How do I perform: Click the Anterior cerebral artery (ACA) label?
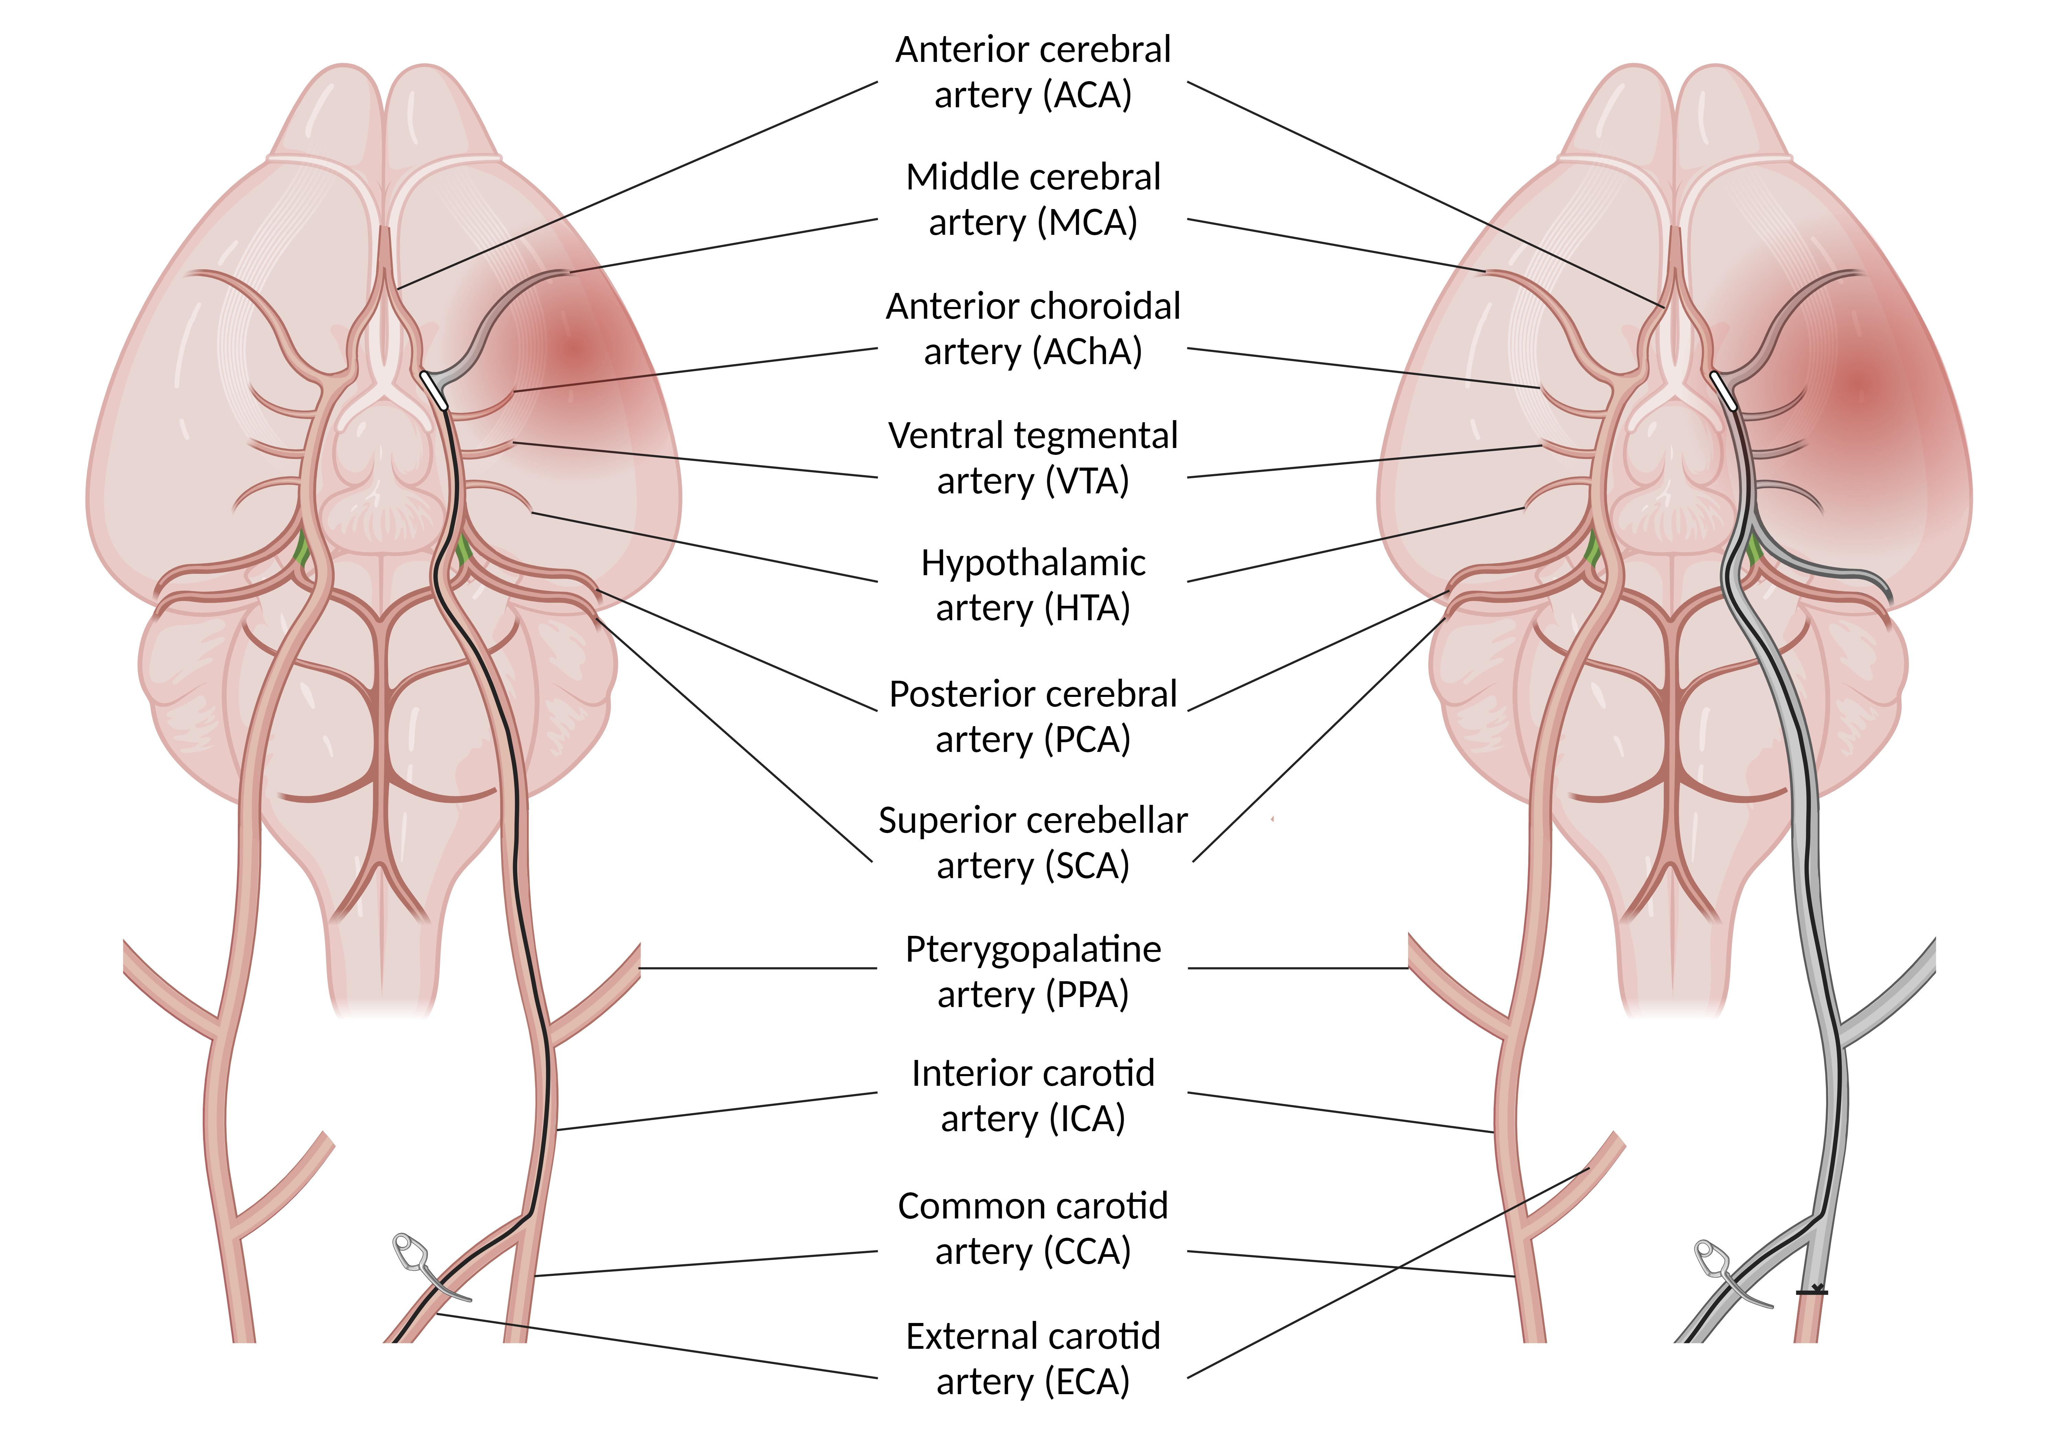tap(1033, 72)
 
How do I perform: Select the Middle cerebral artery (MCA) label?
tap(1033, 199)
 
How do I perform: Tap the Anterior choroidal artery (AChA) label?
tap(1033, 329)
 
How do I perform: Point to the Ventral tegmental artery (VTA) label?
tap(1033, 458)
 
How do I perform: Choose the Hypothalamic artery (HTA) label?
tap(1033, 585)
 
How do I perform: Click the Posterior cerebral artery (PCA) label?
tap(1033, 716)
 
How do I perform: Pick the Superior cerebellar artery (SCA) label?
tap(1033, 843)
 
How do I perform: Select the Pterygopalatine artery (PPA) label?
tap(1033, 971)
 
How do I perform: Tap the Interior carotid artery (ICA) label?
tap(1033, 1095)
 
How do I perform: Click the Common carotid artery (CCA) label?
tap(1033, 1228)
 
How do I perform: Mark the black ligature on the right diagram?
tap(1811, 1291)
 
